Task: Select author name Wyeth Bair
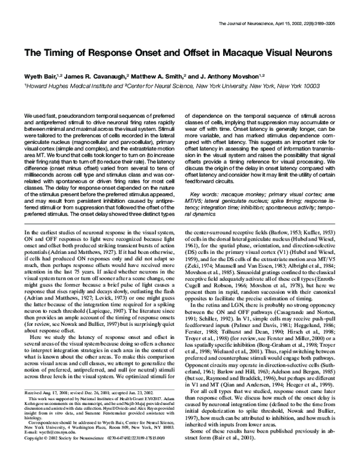[x=39, y=77]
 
